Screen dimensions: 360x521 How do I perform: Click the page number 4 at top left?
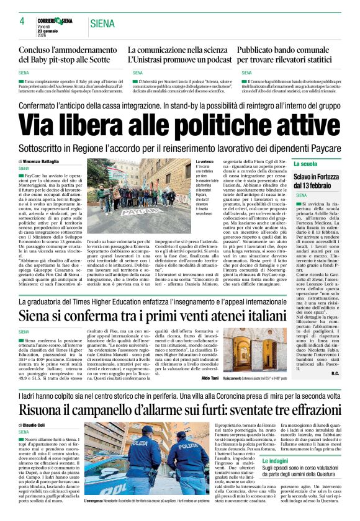pos(21,21)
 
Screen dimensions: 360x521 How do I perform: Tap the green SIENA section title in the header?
pos(102,24)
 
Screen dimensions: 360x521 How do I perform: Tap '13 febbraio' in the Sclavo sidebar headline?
pos(317,185)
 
